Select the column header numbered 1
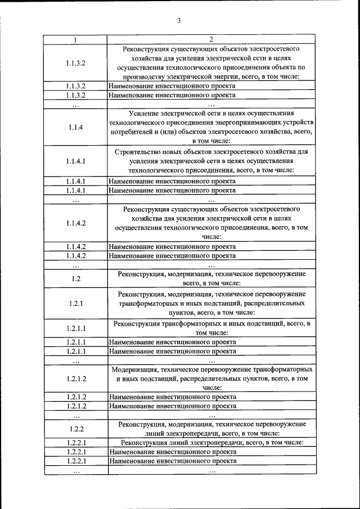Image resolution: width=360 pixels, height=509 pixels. (x=76, y=39)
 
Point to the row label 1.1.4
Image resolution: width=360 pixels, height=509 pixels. (x=76, y=127)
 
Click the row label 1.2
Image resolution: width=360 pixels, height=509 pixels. (x=76, y=279)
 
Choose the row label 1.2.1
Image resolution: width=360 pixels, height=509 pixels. (x=76, y=303)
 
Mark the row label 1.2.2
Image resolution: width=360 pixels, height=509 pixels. (x=76, y=429)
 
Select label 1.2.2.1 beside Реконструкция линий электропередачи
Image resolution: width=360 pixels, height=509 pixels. (x=76, y=443)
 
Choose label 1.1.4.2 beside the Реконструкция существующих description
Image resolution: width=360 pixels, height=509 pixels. (x=76, y=223)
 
